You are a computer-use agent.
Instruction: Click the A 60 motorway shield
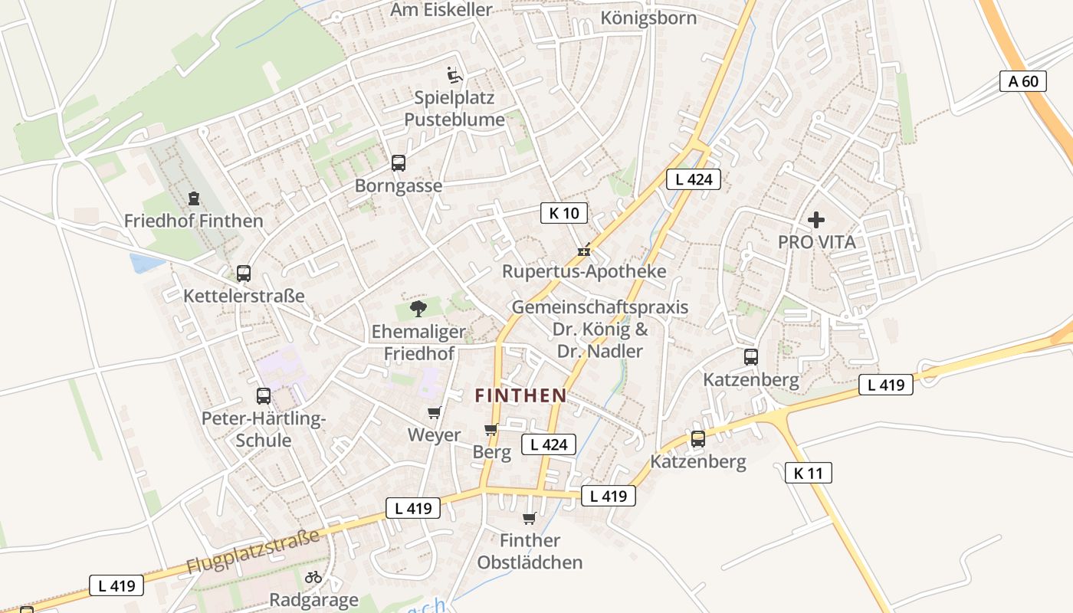pyautogui.click(x=1023, y=81)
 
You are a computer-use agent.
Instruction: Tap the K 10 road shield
pyautogui.click(x=565, y=213)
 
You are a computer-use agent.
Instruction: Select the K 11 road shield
pyautogui.click(x=808, y=473)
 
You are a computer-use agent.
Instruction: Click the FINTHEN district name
pyautogui.click(x=521, y=396)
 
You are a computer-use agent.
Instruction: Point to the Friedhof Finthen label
pyautogui.click(x=194, y=221)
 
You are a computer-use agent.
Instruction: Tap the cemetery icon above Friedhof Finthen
pyautogui.click(x=193, y=198)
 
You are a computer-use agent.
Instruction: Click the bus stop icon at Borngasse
pyautogui.click(x=399, y=162)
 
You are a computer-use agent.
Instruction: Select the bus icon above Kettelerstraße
pyautogui.click(x=244, y=273)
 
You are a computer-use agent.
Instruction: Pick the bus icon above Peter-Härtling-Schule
pyautogui.click(x=264, y=396)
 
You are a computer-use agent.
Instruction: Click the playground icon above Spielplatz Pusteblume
pyautogui.click(x=454, y=75)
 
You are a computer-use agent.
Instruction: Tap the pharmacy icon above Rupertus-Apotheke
pyautogui.click(x=584, y=250)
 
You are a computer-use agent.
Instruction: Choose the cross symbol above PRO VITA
pyautogui.click(x=816, y=220)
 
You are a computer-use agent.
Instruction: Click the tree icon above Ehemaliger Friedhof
pyautogui.click(x=418, y=309)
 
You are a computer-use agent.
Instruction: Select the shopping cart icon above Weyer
pyautogui.click(x=435, y=413)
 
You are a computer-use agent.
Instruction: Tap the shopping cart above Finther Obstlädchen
pyautogui.click(x=529, y=519)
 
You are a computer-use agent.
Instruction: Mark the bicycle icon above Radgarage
pyautogui.click(x=313, y=577)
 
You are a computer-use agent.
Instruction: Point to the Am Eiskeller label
pyautogui.click(x=441, y=10)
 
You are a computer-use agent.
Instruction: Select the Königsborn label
pyautogui.click(x=649, y=18)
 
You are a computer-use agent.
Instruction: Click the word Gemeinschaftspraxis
pyautogui.click(x=600, y=307)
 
